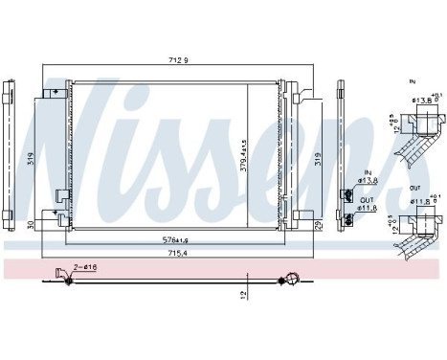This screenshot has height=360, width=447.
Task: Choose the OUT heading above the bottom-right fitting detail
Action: (413, 187)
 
